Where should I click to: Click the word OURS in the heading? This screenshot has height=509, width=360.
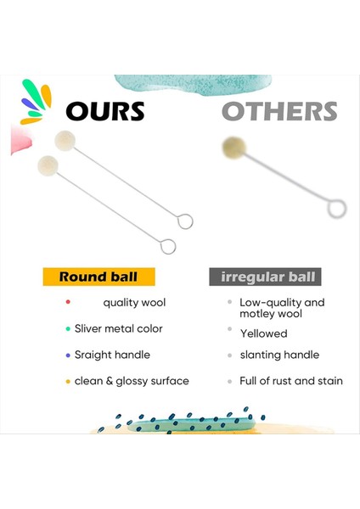[105, 111]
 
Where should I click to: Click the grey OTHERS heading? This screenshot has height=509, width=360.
[279, 111]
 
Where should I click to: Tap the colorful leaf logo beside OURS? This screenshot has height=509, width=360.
[37, 102]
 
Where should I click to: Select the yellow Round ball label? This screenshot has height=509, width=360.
[98, 277]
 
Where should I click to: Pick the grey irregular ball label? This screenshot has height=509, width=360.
[265, 277]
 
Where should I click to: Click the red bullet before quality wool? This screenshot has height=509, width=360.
[66, 302]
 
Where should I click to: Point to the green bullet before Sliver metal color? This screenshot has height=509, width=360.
[66, 328]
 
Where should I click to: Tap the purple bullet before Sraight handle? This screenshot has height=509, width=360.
[66, 355]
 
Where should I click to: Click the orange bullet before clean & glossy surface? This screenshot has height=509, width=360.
[66, 381]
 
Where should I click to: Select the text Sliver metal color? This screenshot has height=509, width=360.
[118, 328]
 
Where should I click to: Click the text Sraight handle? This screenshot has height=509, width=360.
[112, 355]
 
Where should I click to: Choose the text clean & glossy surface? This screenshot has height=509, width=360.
[132, 381]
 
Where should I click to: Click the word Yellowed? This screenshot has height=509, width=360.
[263, 333]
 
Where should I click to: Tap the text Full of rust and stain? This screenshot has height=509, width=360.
[291, 381]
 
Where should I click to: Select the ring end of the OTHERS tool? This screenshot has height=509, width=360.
[337, 206]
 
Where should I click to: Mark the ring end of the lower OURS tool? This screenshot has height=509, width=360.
[168, 247]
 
